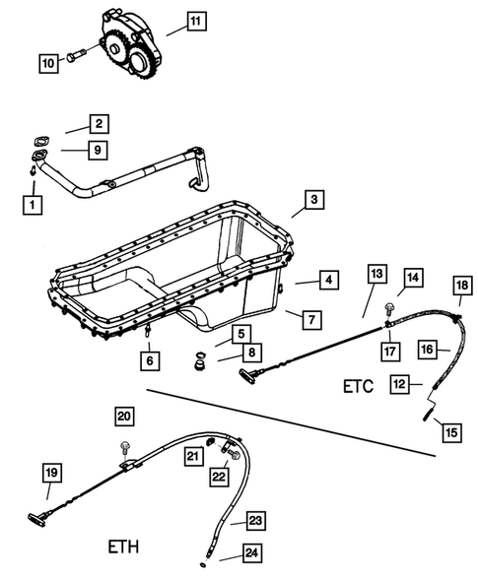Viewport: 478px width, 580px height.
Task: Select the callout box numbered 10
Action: point(48,62)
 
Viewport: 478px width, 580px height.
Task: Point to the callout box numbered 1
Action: point(34,205)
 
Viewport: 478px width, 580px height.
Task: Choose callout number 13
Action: point(376,273)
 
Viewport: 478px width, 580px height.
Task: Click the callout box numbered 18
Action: point(461,287)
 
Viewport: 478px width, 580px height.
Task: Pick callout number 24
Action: point(253,554)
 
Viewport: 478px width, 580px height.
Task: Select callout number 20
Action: point(123,417)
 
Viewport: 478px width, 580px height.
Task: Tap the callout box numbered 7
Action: point(308,319)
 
